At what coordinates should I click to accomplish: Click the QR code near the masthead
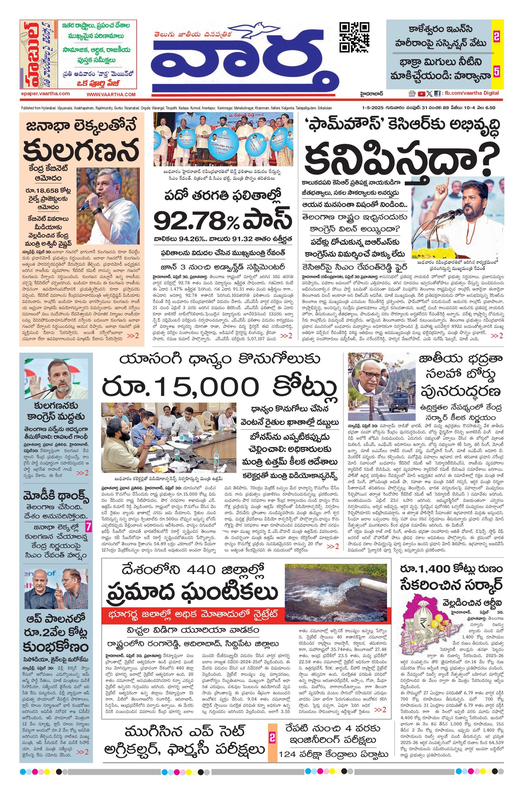pos(354,37)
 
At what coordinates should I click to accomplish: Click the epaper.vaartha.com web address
pos(45,94)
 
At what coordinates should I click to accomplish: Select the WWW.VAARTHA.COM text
pos(111,95)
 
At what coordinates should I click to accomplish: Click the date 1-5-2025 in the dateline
pos(372,108)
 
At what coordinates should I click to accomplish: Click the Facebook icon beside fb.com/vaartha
pos(437,94)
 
